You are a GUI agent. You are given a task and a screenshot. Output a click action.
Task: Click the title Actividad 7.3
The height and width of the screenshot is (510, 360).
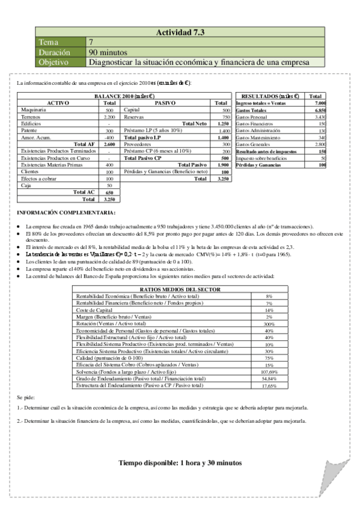coord(180,32)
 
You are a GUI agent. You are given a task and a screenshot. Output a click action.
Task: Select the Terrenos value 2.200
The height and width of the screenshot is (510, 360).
coord(109,117)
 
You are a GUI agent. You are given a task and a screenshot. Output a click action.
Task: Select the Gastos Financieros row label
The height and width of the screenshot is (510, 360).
coord(258,124)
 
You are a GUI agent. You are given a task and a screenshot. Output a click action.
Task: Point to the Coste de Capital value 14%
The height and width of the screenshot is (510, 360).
coord(269,310)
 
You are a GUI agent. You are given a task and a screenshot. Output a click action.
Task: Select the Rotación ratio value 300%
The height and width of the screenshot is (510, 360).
coord(269,324)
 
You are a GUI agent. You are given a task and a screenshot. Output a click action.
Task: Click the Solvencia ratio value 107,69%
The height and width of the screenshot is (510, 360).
coord(269,372)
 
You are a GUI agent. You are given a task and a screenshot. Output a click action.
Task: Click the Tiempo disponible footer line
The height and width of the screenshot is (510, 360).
coord(180,463)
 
